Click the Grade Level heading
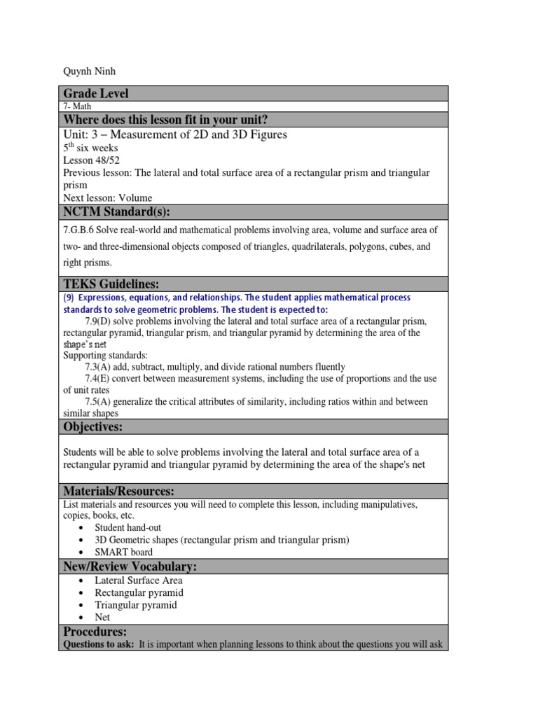tap(96, 94)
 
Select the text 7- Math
tap(77, 106)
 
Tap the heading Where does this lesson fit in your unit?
tap(166, 119)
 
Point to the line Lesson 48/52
tap(89, 160)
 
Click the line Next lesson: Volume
tap(107, 197)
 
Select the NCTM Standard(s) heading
tap(117, 212)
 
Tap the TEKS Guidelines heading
tap(111, 284)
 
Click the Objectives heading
tap(93, 426)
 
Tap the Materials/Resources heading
tap(119, 491)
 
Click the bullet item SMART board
tap(123, 552)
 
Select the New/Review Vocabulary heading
tap(130, 566)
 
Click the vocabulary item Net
tap(102, 618)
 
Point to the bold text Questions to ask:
tap(98, 644)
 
